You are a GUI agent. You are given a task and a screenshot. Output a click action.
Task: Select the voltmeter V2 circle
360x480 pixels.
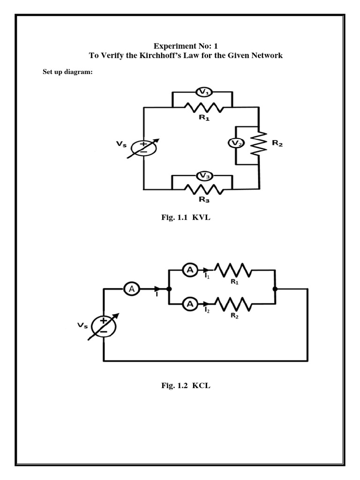235,143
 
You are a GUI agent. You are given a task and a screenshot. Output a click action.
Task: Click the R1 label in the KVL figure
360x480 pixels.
204,118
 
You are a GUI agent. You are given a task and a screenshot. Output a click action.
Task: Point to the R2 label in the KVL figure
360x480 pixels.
277,143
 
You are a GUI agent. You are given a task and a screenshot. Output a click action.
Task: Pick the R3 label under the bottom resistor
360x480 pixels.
204,199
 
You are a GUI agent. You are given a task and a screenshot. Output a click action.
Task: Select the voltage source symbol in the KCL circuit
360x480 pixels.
103,325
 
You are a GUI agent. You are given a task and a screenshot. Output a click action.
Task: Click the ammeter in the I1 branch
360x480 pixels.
190,270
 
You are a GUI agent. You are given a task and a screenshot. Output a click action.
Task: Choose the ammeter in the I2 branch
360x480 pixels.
190,304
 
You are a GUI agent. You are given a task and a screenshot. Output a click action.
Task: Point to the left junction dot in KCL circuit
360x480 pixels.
168,289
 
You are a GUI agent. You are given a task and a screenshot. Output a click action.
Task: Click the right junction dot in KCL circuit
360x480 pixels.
275,289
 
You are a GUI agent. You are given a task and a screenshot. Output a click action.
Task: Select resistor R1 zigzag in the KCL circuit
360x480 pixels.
233,270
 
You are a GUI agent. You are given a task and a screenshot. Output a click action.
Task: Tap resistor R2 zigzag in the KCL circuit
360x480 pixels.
233,304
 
